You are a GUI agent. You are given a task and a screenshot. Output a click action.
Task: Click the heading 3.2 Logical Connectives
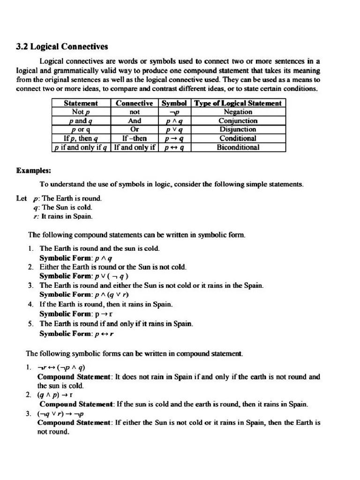coord(62,46)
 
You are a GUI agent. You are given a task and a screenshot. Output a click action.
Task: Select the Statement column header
coord(81,103)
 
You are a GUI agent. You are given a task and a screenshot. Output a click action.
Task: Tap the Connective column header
coord(135,103)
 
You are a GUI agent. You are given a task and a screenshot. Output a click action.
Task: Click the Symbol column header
coord(174,103)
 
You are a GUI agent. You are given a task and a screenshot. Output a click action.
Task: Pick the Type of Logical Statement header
coord(238,103)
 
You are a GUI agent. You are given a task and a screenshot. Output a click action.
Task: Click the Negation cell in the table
coord(238,112)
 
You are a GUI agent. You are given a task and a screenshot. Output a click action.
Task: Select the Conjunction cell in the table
coord(238,121)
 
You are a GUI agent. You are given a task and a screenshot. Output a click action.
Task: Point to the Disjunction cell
coord(238,130)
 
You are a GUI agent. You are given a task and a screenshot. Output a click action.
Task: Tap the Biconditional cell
coord(238,148)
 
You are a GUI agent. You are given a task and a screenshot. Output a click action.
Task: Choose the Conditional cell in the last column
coord(238,139)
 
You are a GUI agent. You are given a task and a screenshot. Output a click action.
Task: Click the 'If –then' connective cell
coord(135,139)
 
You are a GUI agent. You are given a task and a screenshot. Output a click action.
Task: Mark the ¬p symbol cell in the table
coord(174,112)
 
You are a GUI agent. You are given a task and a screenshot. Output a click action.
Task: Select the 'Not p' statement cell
coord(81,112)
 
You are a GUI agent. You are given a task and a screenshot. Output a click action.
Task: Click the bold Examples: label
coord(33,171)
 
